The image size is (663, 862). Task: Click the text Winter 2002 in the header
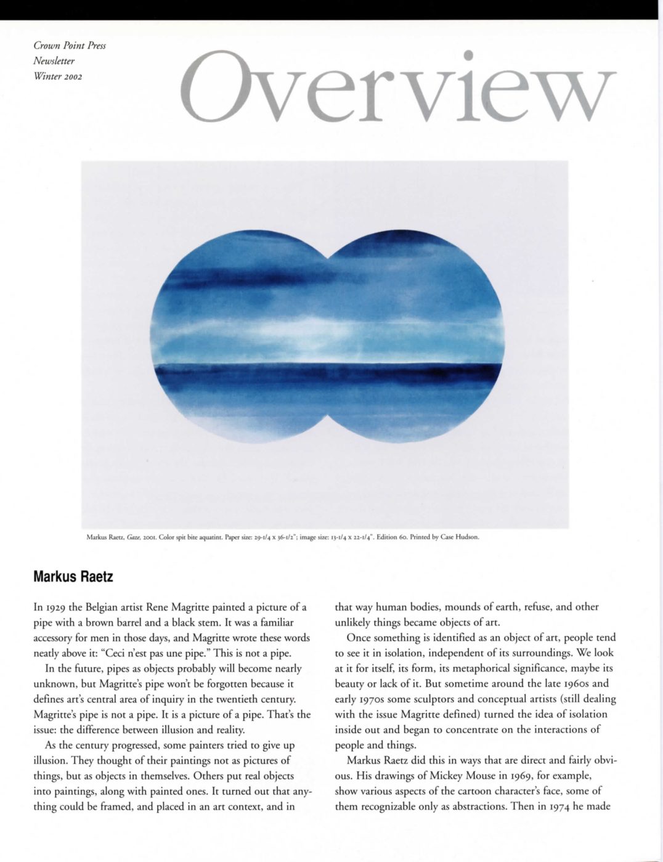click(x=58, y=76)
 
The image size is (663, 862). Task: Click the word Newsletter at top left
click(x=54, y=61)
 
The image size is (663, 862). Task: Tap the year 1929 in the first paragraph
click(x=55, y=607)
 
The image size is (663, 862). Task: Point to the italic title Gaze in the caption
click(x=131, y=537)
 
